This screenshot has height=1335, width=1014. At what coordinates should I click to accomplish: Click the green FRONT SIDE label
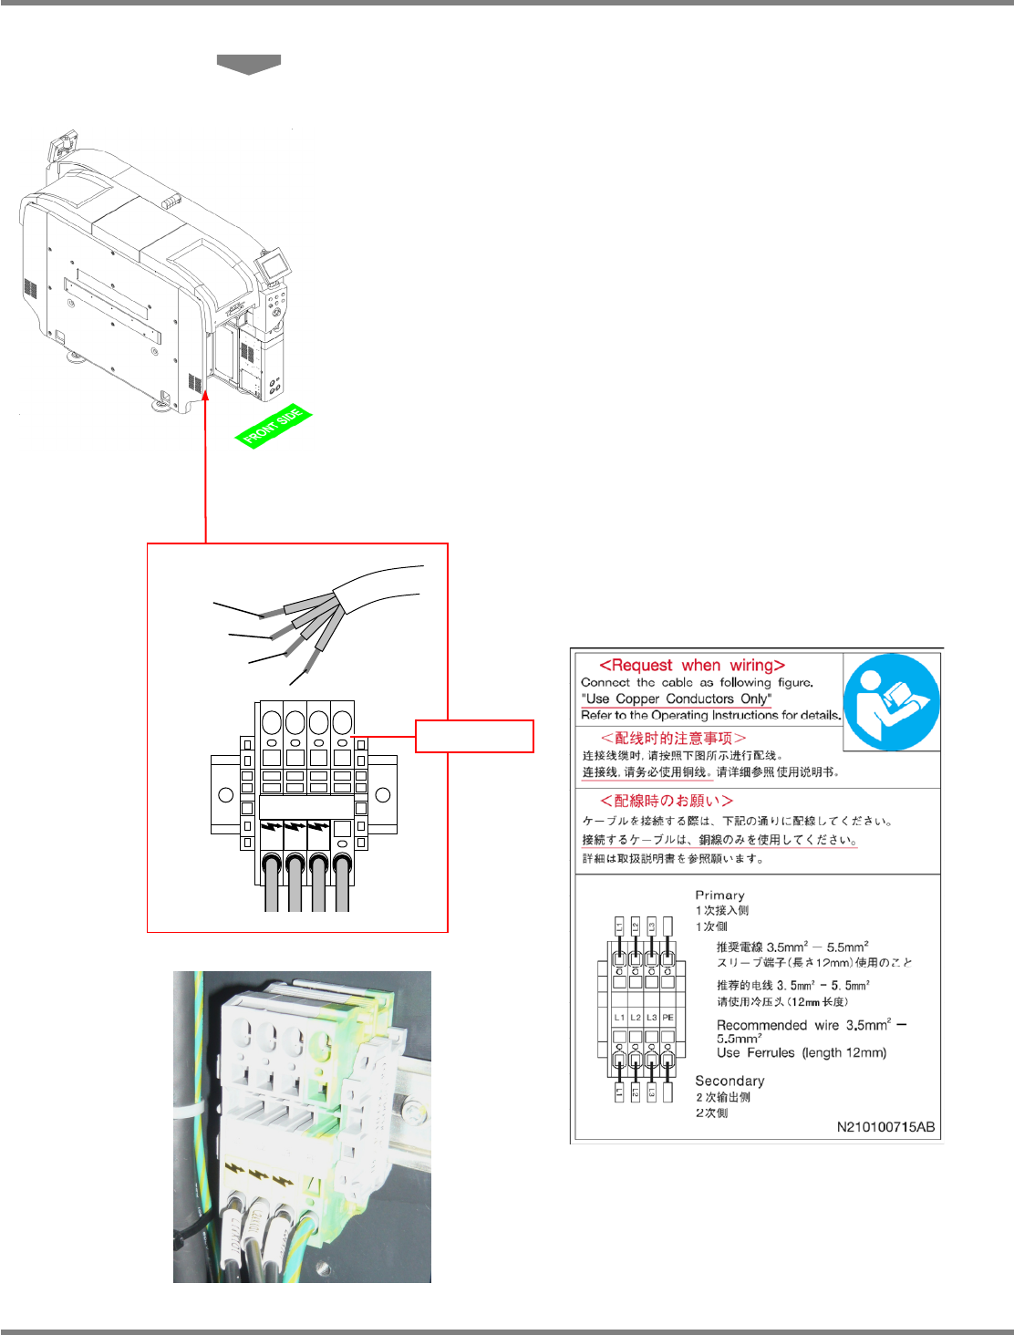pos(274,427)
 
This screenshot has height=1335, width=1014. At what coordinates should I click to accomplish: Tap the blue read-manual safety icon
pos(891,701)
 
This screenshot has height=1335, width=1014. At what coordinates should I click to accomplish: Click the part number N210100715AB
pos(885,1127)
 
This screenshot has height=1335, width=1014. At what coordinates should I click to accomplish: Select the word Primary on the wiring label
pos(719,895)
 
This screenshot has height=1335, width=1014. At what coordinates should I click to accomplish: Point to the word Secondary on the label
pos(729,1081)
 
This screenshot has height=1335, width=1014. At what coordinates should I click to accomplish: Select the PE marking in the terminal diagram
pos(668,1017)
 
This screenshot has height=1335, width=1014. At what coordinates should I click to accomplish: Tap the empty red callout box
pos(474,736)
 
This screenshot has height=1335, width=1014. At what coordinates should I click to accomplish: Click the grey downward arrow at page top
pos(248,64)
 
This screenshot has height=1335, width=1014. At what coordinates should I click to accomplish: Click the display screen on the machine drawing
pos(273,265)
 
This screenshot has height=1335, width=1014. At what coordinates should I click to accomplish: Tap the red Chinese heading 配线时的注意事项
pos(673,738)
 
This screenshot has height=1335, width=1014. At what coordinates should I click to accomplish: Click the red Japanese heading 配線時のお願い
pos(667,801)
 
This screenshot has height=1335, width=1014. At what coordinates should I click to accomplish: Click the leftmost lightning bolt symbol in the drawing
pos(271,828)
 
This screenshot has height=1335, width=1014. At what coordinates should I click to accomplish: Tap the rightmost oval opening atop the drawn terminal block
pos(342,723)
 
